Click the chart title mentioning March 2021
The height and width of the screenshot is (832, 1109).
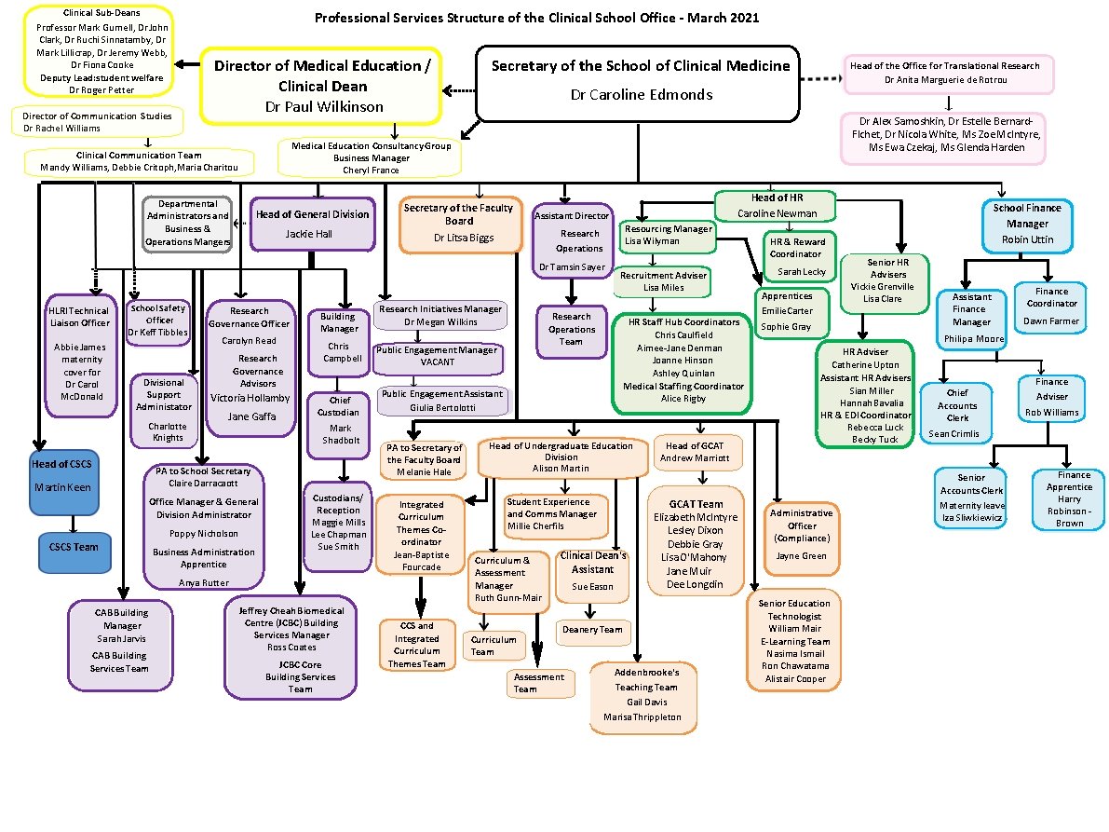click(536, 18)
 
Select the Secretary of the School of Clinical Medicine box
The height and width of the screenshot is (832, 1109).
click(640, 82)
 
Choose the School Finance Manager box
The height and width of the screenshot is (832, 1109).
click(1026, 224)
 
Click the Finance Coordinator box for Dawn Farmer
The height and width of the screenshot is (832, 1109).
click(1051, 305)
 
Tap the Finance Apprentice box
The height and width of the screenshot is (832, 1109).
click(1069, 498)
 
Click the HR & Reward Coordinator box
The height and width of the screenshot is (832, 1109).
click(795, 257)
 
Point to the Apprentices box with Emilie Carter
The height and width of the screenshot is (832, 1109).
click(787, 312)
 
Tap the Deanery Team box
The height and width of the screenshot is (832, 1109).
click(591, 630)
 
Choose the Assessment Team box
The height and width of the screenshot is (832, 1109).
click(538, 683)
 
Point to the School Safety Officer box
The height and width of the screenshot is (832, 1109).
click(157, 320)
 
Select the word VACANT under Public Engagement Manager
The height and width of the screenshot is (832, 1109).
click(438, 362)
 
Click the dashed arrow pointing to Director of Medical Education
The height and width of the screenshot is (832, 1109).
click(458, 90)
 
